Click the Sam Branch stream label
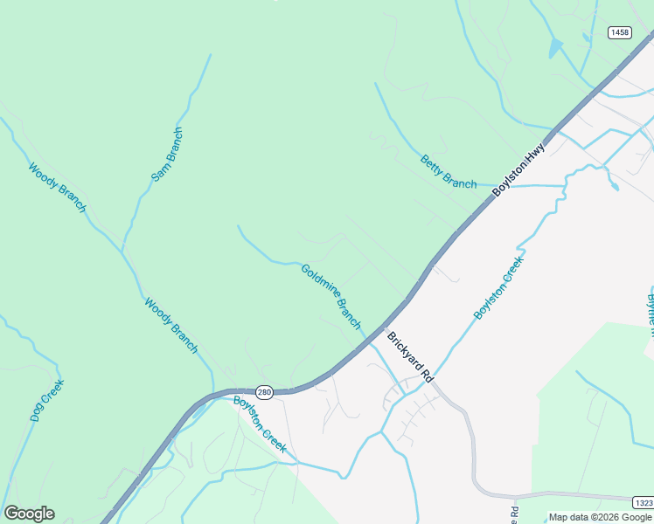tap(167, 155)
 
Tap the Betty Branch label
tap(449, 171)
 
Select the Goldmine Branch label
tap(330, 296)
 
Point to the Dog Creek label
tap(47, 400)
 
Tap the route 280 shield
tap(265, 393)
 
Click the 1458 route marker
tap(619, 32)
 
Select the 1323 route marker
tap(643, 502)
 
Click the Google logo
tap(29, 514)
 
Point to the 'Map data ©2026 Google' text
tap(600, 517)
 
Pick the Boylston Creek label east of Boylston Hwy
tap(499, 287)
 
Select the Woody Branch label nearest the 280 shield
tap(170, 327)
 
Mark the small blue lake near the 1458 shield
tap(555, 48)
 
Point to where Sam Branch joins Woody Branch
tap(122, 250)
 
